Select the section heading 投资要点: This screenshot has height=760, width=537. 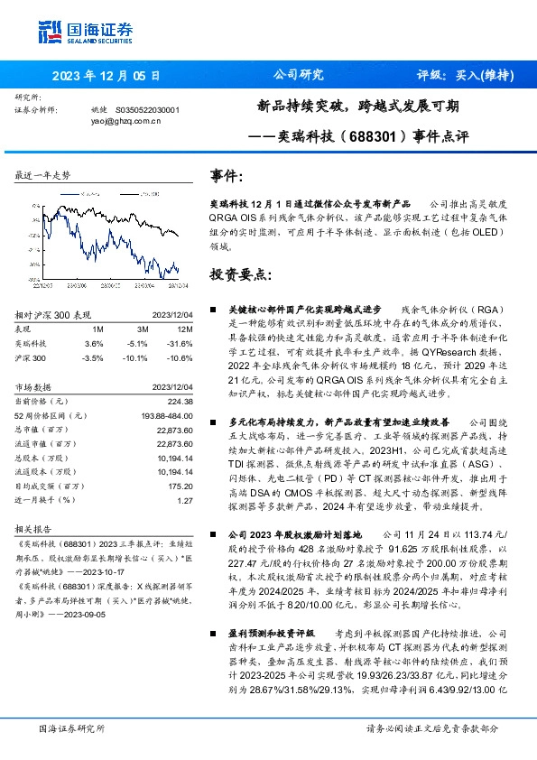point(239,273)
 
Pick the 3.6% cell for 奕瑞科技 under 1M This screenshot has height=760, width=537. point(93,344)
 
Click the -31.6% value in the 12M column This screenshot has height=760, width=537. point(180,344)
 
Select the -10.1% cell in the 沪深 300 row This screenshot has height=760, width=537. point(136,358)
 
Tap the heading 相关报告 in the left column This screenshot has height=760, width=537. point(35,529)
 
